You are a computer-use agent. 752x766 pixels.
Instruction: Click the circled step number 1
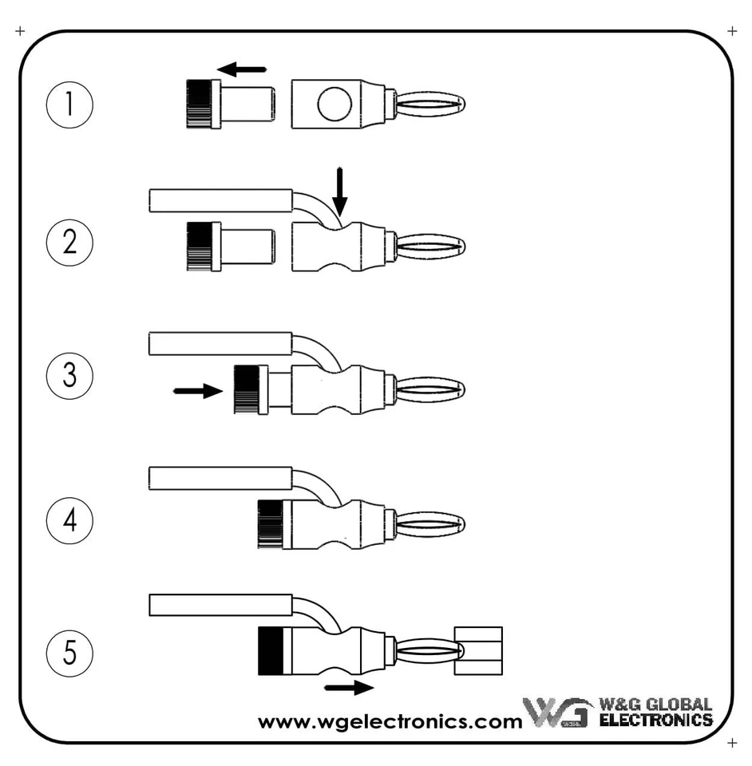(70, 106)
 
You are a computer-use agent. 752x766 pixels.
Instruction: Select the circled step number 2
(70, 242)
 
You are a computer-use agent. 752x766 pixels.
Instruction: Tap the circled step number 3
(70, 375)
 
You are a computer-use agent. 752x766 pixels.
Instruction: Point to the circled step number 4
(70, 521)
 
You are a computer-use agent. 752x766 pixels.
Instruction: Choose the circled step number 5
(70, 653)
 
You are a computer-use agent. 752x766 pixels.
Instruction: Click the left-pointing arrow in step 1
(242, 69)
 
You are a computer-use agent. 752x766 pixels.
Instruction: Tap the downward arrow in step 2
(340, 191)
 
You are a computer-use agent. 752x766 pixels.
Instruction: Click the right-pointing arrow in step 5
(350, 687)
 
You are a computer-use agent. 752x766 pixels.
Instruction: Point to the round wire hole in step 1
(334, 104)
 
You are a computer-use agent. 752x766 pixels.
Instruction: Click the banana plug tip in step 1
(431, 104)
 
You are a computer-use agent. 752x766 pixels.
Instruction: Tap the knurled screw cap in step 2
(203, 246)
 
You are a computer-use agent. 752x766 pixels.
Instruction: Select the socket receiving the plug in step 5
(478, 650)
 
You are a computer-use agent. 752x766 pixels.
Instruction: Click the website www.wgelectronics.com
(390, 722)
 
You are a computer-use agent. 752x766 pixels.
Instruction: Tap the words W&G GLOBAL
(655, 705)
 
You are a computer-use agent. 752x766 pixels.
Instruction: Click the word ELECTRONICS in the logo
(655, 720)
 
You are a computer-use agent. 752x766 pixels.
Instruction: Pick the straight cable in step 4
(220, 479)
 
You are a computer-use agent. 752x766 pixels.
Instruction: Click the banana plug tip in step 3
(431, 390)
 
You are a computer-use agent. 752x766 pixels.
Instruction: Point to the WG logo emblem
(556, 713)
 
